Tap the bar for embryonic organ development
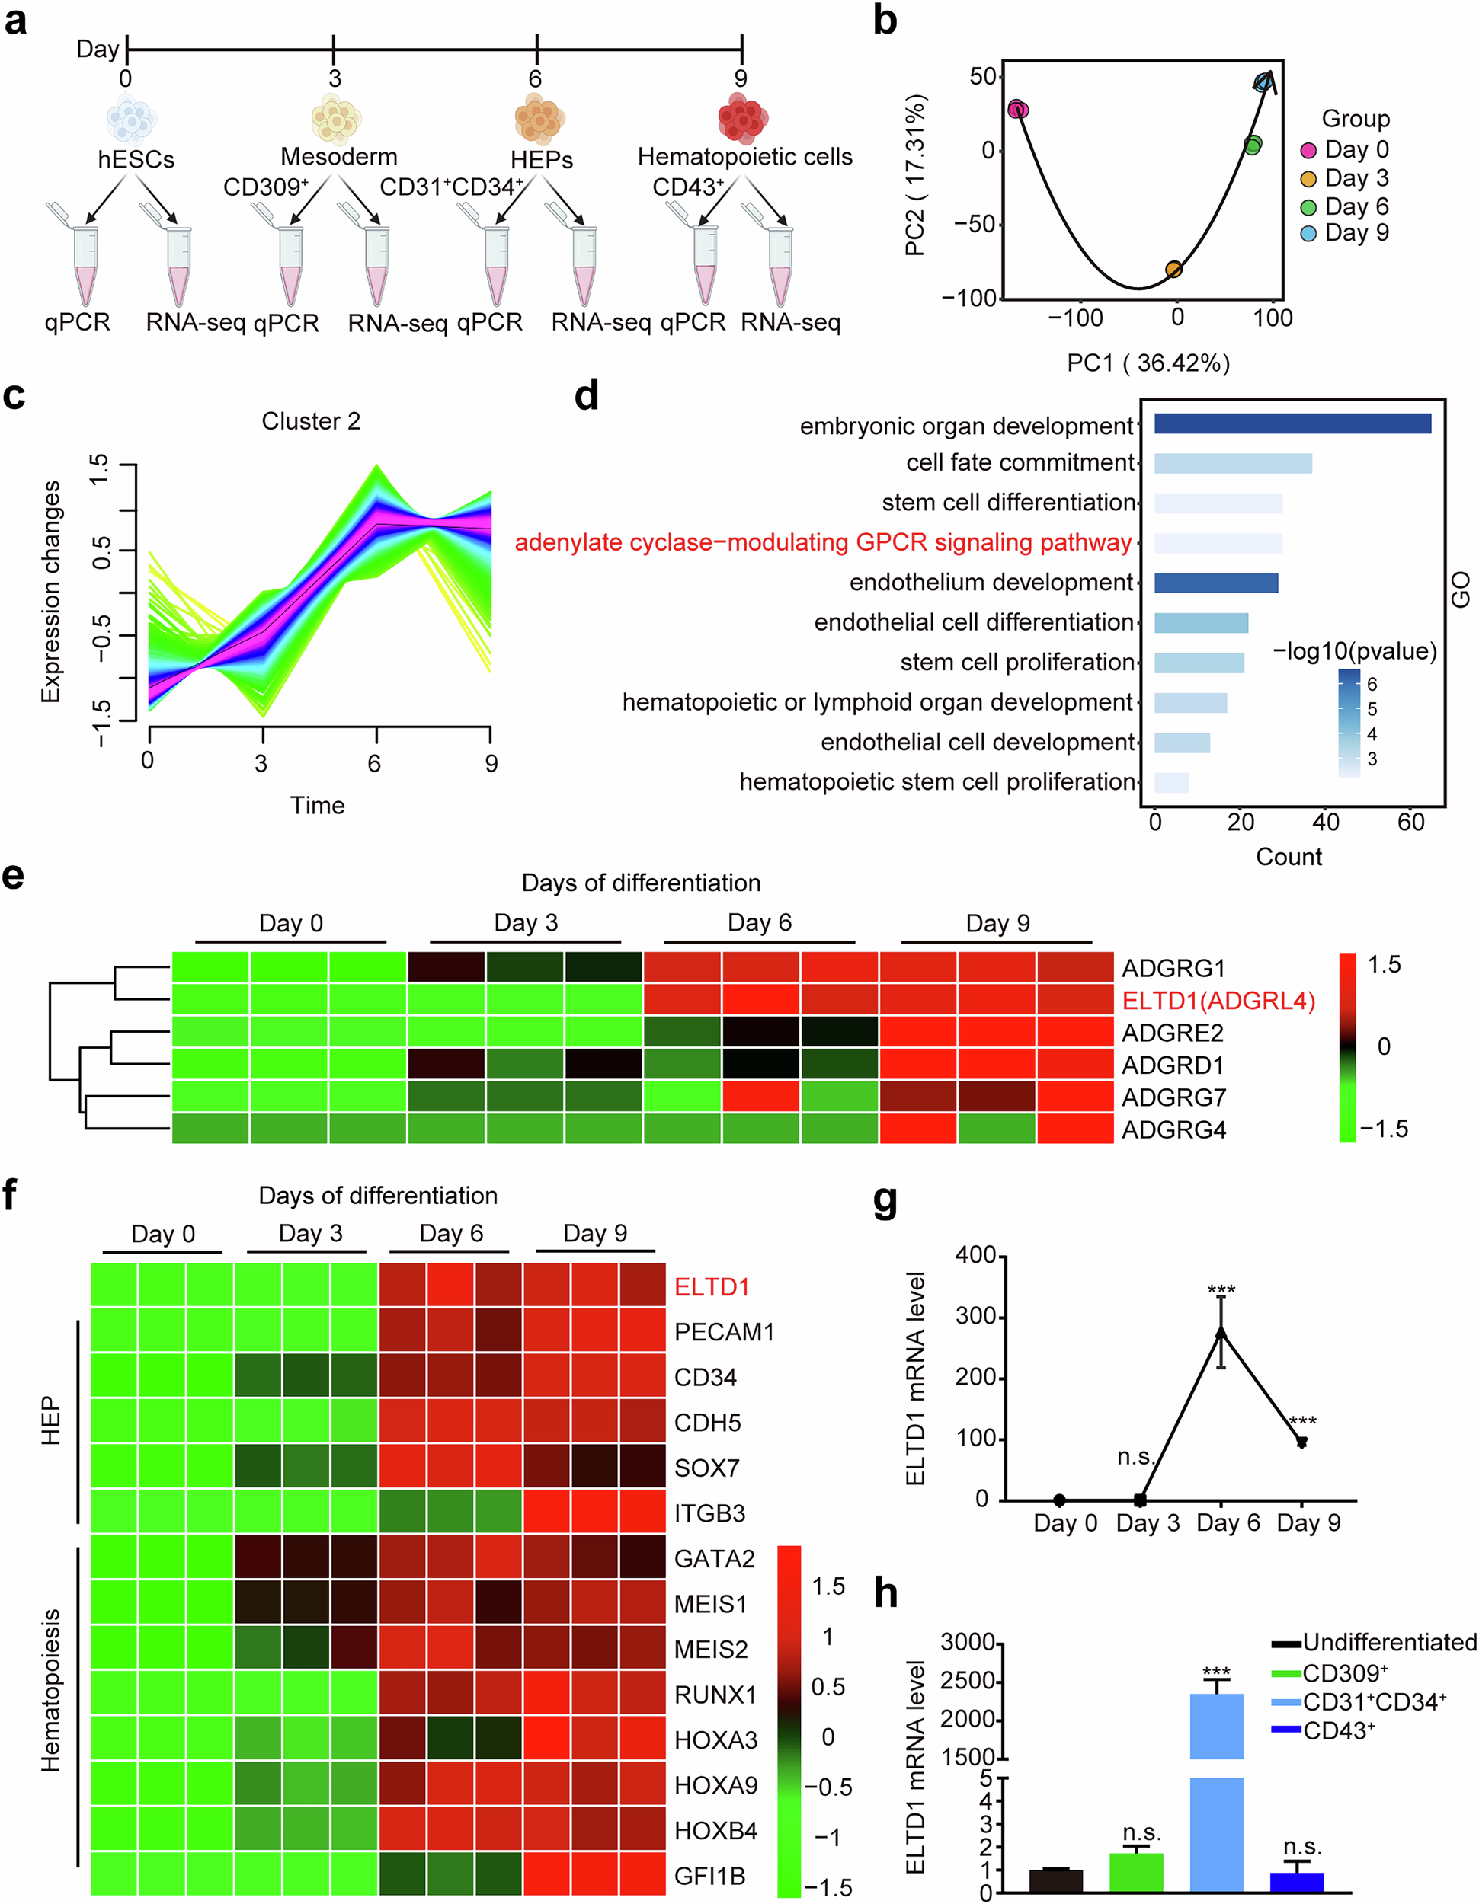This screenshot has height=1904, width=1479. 1292,423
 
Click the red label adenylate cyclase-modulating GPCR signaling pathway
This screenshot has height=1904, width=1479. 822,542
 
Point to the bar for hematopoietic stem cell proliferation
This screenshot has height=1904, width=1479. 1170,782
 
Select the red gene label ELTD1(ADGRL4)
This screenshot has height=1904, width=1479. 1218,1000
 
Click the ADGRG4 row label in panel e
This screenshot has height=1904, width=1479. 1173,1130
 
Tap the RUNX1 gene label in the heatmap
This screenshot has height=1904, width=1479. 715,1695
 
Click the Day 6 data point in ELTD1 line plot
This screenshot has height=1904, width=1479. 1221,1332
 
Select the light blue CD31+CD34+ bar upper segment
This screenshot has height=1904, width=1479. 1217,1726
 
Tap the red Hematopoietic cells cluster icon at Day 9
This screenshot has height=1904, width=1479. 742,118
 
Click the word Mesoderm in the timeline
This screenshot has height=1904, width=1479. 338,157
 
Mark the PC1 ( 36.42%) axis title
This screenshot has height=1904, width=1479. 1148,363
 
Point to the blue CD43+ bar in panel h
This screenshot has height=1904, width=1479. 1297,1881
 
